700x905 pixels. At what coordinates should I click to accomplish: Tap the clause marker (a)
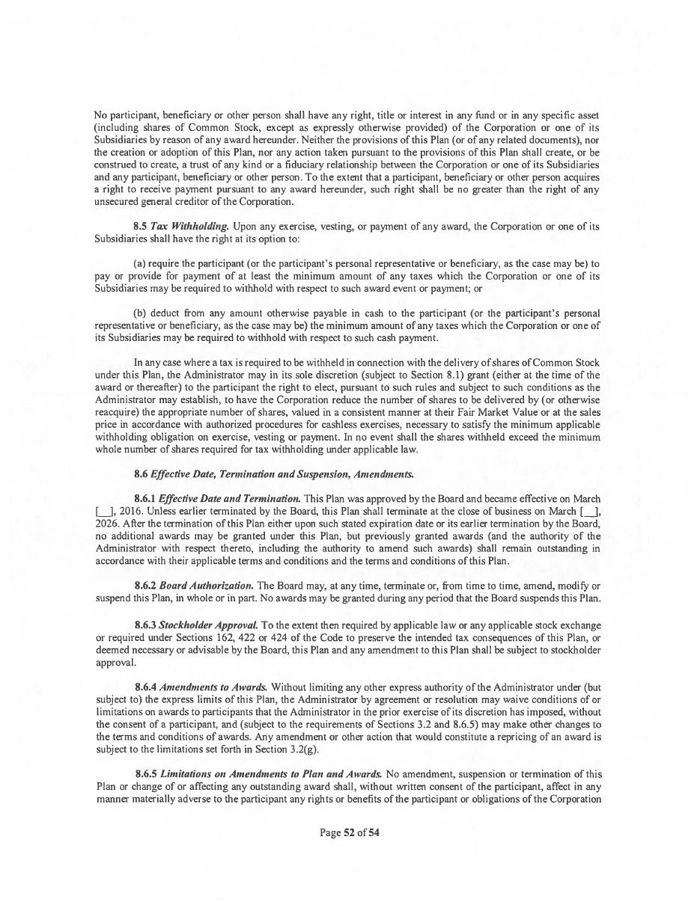point(139,264)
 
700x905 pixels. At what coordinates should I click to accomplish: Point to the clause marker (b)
point(139,313)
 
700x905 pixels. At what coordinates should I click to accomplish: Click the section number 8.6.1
point(145,499)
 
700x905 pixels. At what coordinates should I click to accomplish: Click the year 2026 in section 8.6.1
point(106,524)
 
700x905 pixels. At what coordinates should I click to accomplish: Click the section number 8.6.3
point(145,625)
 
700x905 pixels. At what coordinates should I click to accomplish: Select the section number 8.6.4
point(145,687)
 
